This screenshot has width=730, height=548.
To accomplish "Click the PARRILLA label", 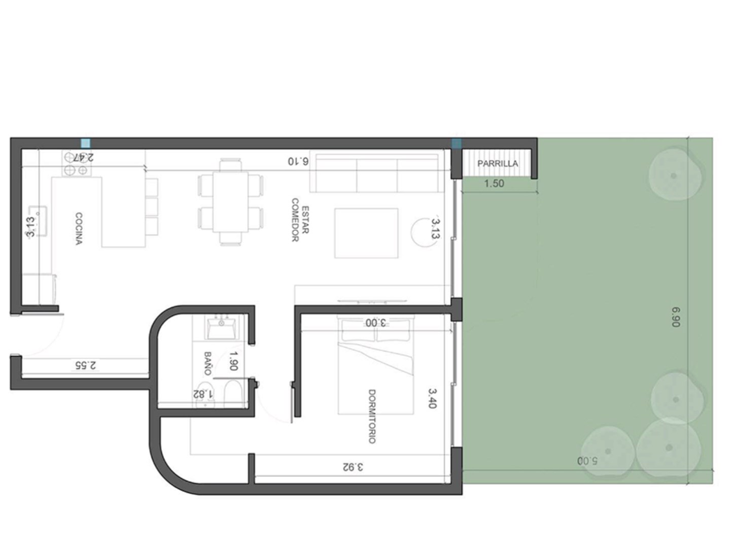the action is [x=497, y=163].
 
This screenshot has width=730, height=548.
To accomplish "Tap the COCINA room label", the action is [x=79, y=228].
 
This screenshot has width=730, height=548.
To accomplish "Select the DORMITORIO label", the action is [x=372, y=416].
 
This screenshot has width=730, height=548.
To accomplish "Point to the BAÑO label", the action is [x=207, y=363].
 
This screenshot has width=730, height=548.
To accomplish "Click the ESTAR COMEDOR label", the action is [x=300, y=220].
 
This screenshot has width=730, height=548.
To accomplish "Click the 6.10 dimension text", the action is [x=298, y=161].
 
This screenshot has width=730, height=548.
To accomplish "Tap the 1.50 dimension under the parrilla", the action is [x=494, y=183].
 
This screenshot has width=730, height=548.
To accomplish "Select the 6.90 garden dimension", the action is [x=676, y=317].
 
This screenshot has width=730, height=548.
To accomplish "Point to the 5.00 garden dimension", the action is [x=587, y=461].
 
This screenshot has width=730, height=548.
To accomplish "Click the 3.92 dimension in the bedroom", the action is [x=353, y=467].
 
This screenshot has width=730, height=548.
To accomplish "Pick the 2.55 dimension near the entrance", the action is [x=85, y=365].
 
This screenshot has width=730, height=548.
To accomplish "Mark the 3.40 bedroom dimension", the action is [x=432, y=399].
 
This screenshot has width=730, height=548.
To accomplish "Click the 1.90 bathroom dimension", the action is [x=233, y=361].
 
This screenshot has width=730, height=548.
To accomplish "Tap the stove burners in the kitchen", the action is [x=76, y=163].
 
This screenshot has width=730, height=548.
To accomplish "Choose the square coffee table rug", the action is [x=366, y=233].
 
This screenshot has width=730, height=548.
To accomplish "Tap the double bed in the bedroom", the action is [x=376, y=365].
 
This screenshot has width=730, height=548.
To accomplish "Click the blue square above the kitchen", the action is [x=86, y=143].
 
